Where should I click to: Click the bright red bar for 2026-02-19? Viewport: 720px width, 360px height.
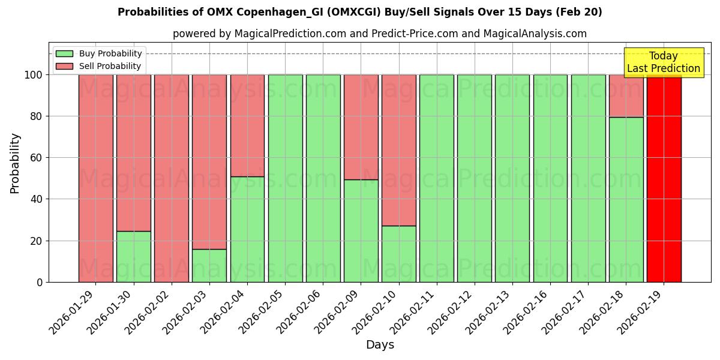click(664, 178)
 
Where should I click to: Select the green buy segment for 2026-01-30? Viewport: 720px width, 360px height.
click(133, 256)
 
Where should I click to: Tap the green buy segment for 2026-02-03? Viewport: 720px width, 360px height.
click(209, 265)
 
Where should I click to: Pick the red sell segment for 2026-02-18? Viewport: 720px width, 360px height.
click(626, 95)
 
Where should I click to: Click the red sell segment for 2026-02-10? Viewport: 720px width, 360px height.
click(398, 150)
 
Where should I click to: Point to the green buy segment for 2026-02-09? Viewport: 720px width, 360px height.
click(361, 230)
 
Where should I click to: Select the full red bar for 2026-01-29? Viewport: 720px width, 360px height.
click(95, 178)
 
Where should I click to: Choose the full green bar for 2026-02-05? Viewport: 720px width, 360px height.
click(285, 178)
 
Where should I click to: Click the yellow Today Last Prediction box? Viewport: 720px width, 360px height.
click(664, 62)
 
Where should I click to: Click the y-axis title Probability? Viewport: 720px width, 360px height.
click(15, 163)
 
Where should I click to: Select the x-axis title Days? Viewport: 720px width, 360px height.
click(380, 345)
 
